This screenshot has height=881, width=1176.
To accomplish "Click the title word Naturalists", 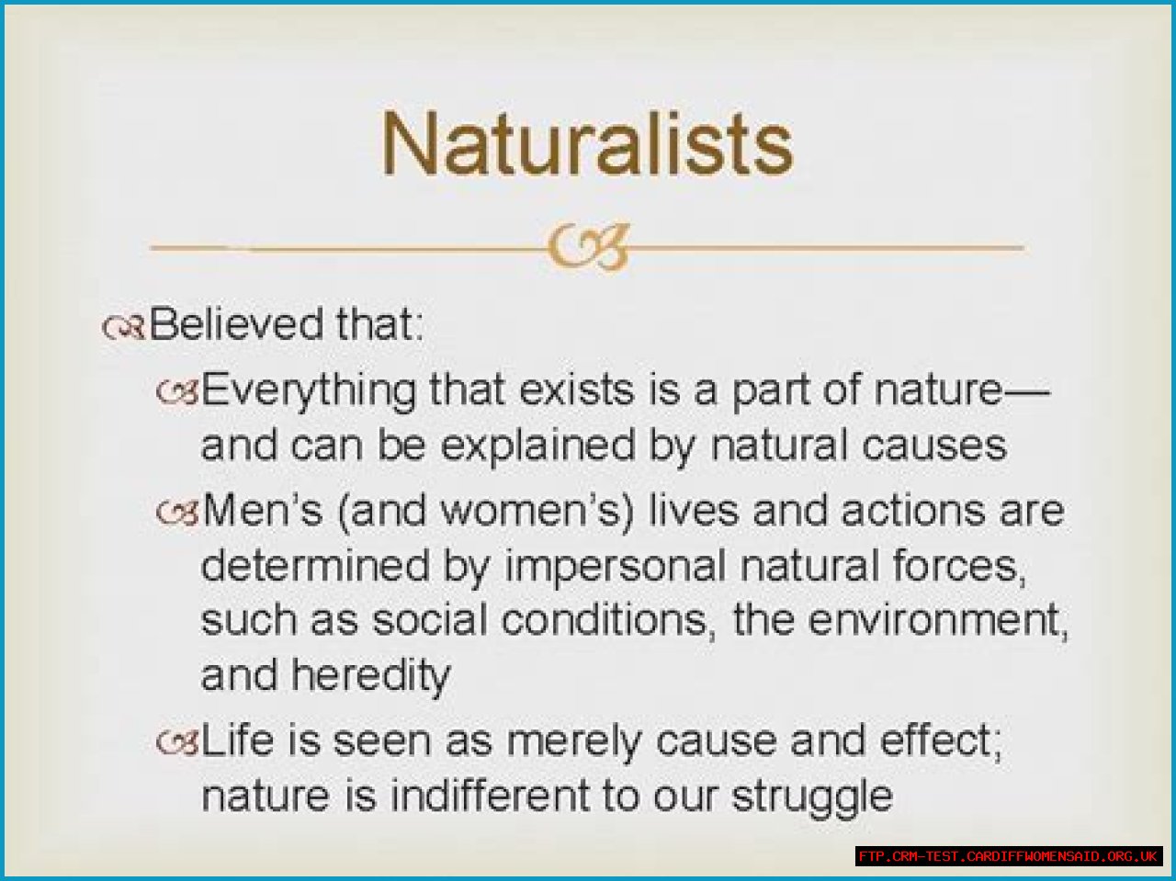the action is coord(587,143).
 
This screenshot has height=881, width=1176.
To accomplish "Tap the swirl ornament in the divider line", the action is coord(588,247).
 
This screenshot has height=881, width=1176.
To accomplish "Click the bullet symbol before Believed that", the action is coord(123,327).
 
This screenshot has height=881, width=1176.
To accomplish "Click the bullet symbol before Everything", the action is coord(177,391).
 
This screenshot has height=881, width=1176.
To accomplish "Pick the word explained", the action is coord(537,447).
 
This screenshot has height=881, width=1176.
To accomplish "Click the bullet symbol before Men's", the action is coord(177,512).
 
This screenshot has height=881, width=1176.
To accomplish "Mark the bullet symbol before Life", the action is coord(177,742).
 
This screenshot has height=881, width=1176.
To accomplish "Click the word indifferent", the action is coord(490,796).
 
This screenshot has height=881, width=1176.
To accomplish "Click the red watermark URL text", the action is coord(1008,856).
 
